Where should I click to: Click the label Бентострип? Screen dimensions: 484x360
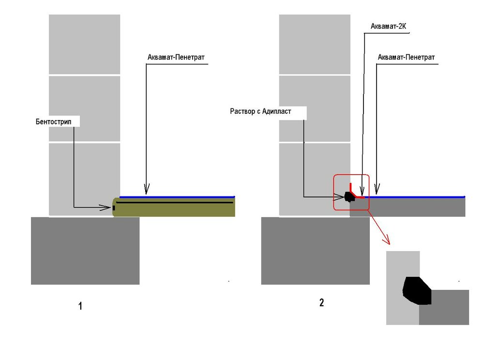click(53, 122)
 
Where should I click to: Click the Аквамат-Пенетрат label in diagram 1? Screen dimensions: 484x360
click(176, 58)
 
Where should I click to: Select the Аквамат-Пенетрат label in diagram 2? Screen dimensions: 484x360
click(406, 58)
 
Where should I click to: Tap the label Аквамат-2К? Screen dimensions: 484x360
click(388, 27)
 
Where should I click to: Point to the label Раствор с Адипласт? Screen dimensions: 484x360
click(260, 111)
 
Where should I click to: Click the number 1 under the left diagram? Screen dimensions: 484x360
click(80, 306)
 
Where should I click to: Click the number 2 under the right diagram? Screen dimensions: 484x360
click(322, 302)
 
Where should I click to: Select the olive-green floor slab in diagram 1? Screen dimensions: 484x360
click(174, 207)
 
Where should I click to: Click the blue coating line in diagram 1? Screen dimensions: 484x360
click(177, 197)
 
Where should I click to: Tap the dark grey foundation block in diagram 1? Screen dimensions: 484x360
click(85, 251)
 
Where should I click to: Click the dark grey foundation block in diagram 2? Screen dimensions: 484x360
click(316, 251)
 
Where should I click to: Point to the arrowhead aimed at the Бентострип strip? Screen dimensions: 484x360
click(105, 207)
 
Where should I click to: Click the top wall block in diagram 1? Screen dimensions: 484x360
click(85, 44)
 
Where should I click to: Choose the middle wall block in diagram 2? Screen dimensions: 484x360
click(315, 108)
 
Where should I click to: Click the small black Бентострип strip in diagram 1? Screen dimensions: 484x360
click(114, 208)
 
